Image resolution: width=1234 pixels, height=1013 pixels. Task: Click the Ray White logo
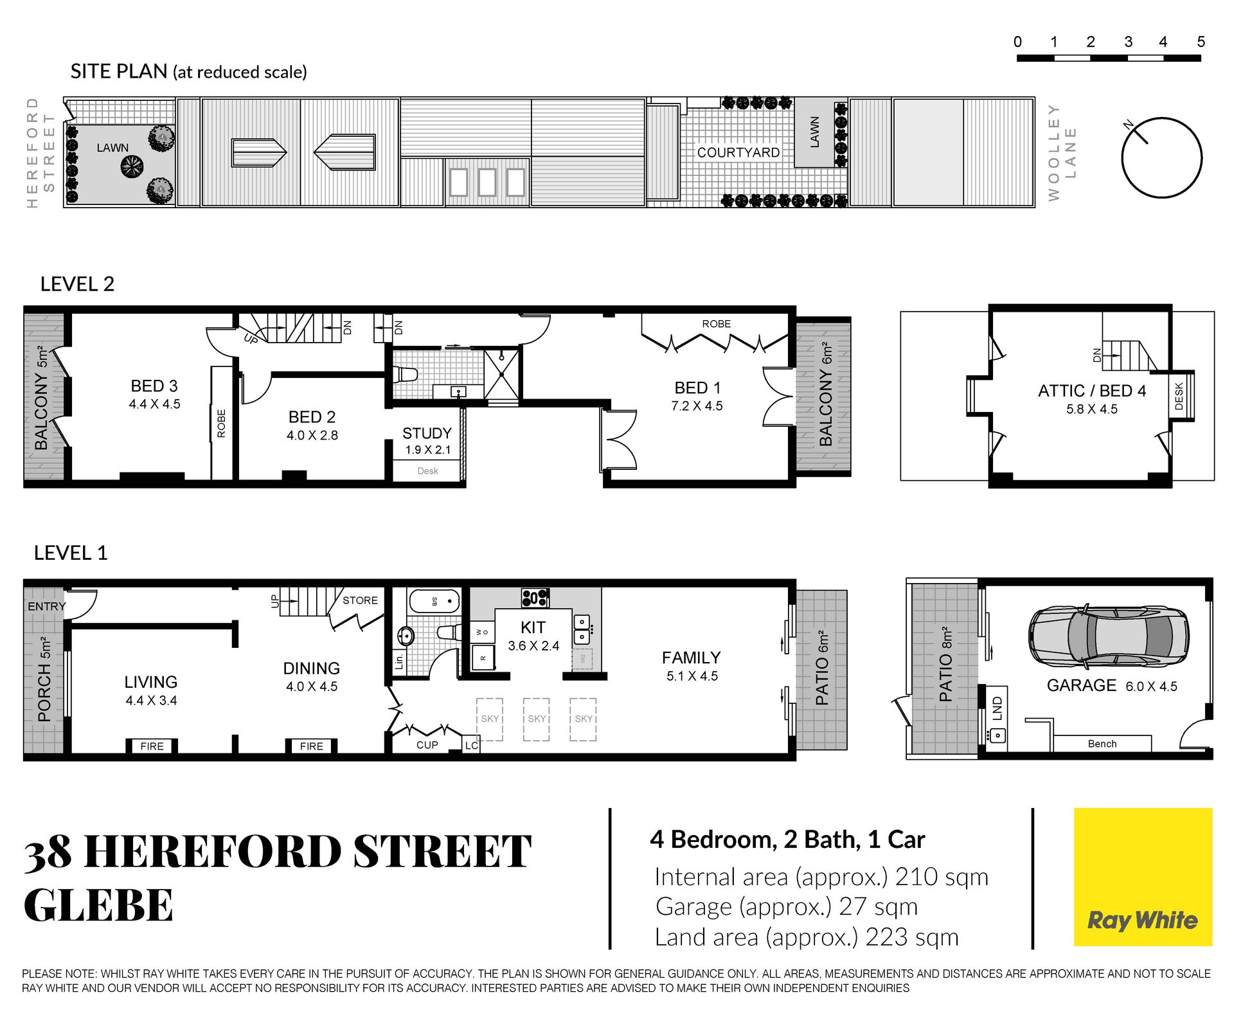point(1143,877)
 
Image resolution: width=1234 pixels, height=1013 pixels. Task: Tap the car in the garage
point(1108,636)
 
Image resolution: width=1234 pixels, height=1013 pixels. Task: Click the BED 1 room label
point(697,388)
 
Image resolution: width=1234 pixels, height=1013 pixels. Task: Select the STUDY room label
point(427,433)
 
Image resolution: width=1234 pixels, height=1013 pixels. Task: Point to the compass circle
point(1162,157)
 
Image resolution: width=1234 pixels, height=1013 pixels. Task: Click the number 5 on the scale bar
point(1201,42)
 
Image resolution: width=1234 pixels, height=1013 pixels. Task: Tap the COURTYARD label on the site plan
point(738,152)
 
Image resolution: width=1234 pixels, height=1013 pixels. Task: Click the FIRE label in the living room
point(152,746)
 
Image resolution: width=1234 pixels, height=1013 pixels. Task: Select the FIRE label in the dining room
point(312,746)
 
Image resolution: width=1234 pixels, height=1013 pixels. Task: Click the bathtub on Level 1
point(434,601)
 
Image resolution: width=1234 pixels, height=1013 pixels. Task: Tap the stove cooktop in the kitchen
point(535,598)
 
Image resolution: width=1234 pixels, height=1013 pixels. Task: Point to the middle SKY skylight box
point(537,719)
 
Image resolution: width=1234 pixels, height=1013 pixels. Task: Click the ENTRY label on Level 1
point(46,606)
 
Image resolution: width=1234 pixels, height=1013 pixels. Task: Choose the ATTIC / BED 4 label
point(1092,391)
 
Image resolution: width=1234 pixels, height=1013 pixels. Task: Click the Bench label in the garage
point(1102,744)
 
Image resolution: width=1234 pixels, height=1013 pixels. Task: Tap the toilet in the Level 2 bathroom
point(406,374)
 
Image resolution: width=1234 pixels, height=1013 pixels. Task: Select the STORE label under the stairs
point(360,600)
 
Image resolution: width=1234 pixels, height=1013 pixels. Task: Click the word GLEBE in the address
point(98,905)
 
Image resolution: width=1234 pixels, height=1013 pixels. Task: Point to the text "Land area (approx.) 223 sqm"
point(807,937)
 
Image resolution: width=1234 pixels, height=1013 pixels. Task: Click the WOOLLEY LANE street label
point(1061,153)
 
